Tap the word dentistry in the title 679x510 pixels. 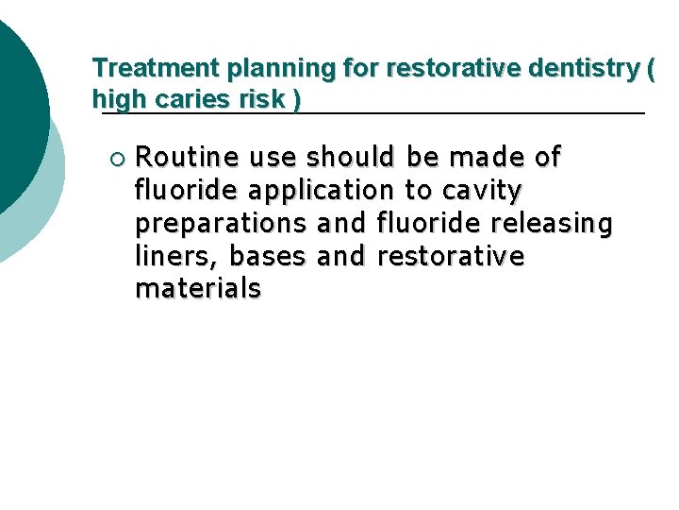point(585,68)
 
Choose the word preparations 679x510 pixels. point(221,224)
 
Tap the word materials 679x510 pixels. point(198,289)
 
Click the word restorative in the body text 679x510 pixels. point(450,257)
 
